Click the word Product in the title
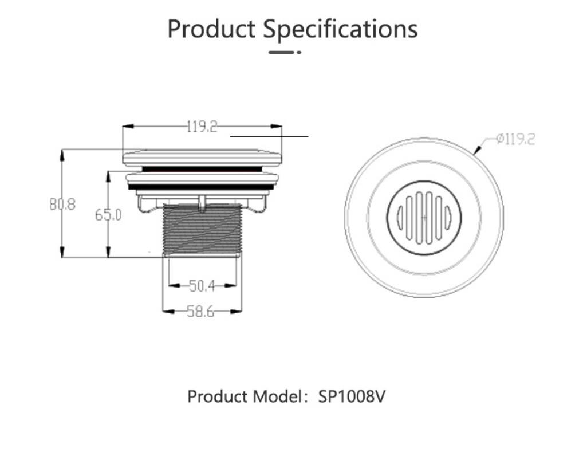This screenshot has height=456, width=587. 211,29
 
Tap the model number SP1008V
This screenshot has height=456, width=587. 352,396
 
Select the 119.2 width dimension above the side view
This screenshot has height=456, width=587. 202,127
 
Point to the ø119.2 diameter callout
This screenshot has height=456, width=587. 515,139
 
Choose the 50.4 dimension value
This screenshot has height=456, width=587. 202,285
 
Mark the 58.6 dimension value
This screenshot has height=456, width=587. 201,312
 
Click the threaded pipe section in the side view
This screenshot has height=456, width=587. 202,229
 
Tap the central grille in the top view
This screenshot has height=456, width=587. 424,217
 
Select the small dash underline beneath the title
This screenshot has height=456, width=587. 285,52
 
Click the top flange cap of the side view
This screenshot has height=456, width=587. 202,157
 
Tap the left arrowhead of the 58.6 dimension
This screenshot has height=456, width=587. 167,312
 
